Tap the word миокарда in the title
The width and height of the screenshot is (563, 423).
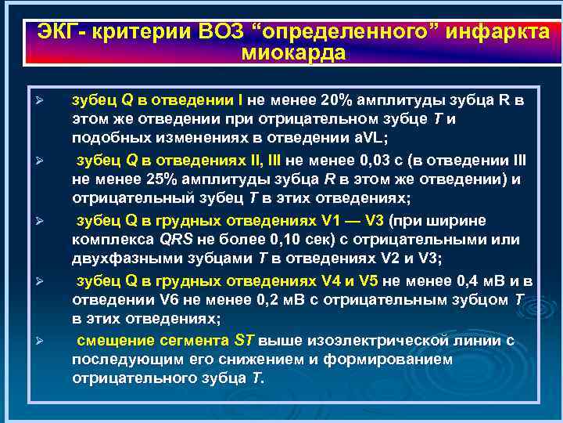click(x=293, y=53)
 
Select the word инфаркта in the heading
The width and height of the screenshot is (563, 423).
click(x=500, y=33)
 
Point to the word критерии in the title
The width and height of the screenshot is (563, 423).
click(x=145, y=33)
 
